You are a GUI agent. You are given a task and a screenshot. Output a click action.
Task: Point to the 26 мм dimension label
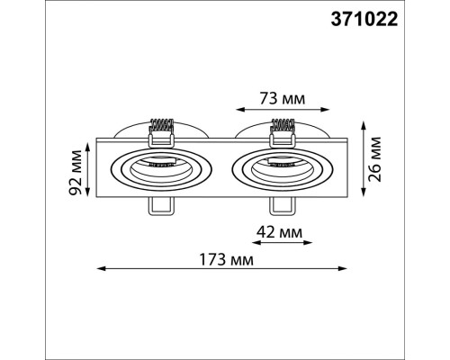click(375, 158)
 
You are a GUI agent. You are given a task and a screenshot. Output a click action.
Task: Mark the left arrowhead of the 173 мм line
click(100, 268)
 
